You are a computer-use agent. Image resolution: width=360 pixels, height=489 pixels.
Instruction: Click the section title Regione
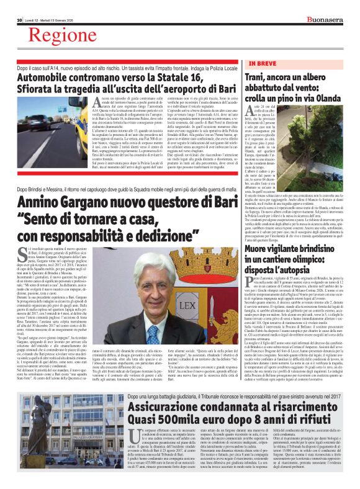click(x=60, y=37)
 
